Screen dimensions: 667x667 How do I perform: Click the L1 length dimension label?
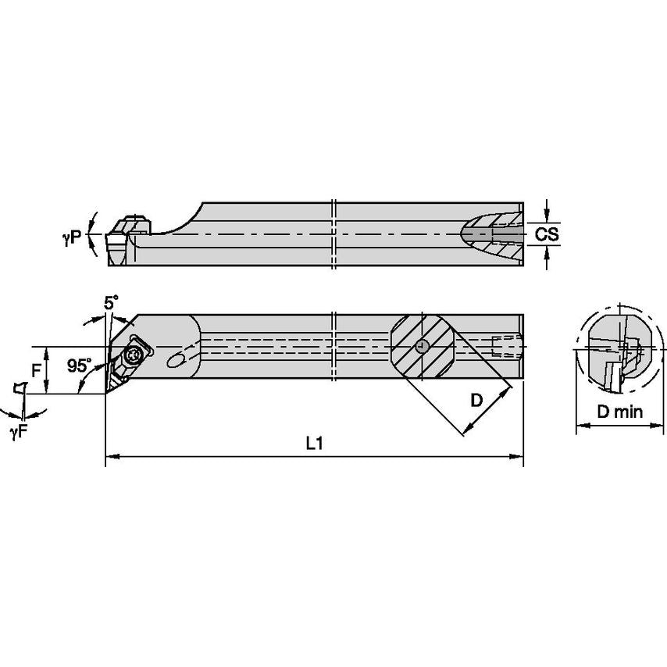point(314,443)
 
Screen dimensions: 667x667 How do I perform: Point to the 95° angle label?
point(79,366)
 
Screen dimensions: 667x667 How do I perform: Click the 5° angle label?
point(112,301)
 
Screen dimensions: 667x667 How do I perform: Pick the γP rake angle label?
point(72,239)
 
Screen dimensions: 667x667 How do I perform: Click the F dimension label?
point(36,369)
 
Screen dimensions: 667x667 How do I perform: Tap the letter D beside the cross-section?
point(476,401)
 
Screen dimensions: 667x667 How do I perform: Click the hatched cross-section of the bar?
point(422,346)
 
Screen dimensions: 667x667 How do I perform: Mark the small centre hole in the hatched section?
point(422,346)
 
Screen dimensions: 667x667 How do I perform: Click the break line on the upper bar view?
point(333,234)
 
